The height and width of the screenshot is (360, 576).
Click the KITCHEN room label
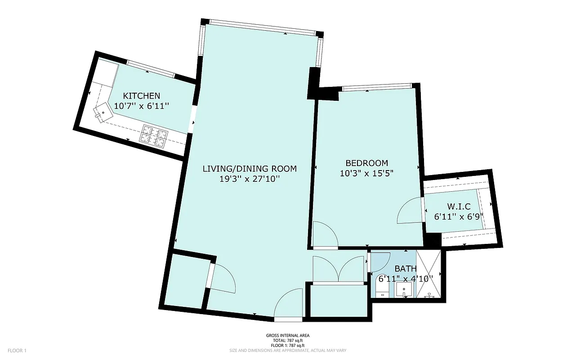click(x=142, y=96)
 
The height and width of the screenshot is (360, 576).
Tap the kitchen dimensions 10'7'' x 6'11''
click(x=142, y=106)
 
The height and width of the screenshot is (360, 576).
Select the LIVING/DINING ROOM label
click(x=250, y=169)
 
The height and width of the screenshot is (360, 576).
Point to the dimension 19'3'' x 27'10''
click(x=250, y=179)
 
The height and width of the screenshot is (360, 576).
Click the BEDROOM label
click(x=366, y=163)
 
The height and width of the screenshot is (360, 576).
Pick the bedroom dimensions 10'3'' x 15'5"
click(x=366, y=173)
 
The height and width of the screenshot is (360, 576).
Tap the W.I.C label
click(x=459, y=207)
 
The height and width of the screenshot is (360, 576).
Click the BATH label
click(x=406, y=269)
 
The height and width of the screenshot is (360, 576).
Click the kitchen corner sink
click(x=103, y=111)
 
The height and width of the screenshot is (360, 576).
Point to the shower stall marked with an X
click(x=430, y=274)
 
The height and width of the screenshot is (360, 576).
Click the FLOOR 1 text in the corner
click(x=18, y=351)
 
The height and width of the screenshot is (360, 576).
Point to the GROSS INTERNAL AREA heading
click(x=288, y=336)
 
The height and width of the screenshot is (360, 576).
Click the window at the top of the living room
click(x=262, y=27)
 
